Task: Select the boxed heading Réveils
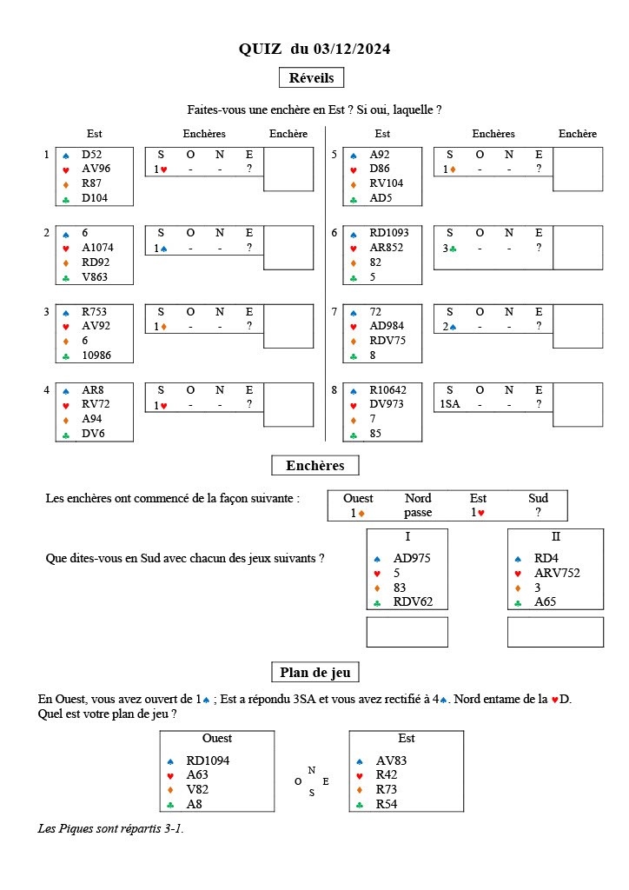(x=311, y=77)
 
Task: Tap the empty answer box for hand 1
(x=288, y=169)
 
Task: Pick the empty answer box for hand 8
(x=578, y=404)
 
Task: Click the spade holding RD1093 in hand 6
(x=388, y=233)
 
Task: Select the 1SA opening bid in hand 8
(x=450, y=404)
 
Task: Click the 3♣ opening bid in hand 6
(x=449, y=248)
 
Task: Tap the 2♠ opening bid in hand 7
(x=449, y=326)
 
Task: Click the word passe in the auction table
(x=418, y=513)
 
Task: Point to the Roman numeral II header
(x=555, y=537)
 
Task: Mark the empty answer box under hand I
(x=407, y=632)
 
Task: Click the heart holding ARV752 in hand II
(x=557, y=573)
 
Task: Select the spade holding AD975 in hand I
(x=412, y=558)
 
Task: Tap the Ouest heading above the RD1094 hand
(x=216, y=739)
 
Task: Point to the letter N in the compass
(x=311, y=770)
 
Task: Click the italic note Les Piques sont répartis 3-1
(x=111, y=828)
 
